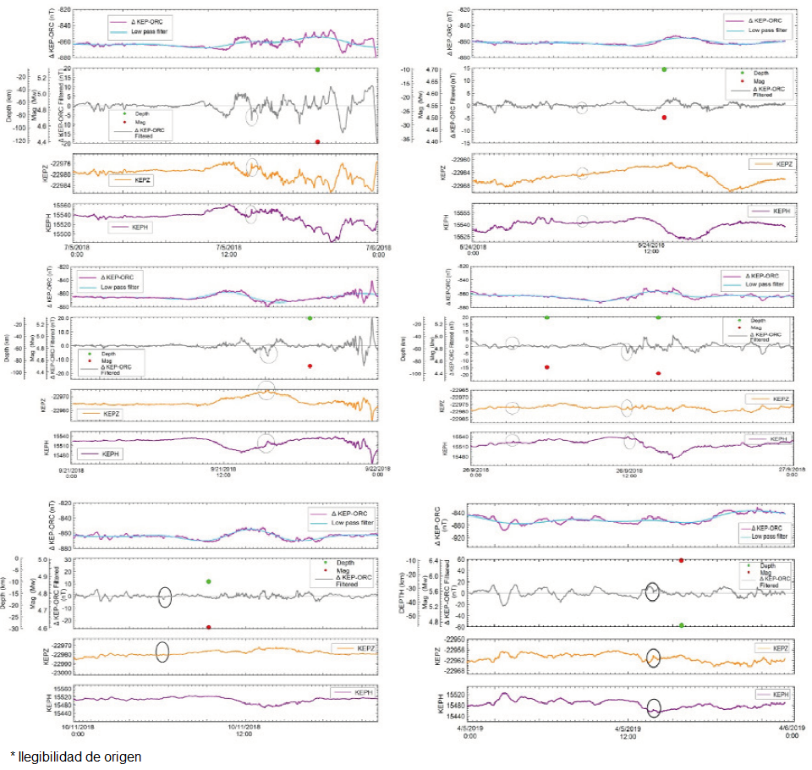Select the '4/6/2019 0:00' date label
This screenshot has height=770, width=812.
click(791, 732)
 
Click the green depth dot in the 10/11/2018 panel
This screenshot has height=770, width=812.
click(208, 581)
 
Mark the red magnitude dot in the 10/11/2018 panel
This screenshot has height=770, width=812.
click(208, 627)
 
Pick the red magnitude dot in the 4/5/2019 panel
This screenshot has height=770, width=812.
click(681, 560)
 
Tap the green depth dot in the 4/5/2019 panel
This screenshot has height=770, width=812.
click(681, 624)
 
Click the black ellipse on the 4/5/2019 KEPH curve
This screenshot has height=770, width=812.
click(653, 708)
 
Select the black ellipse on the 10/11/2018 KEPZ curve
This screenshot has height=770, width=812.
click(162, 652)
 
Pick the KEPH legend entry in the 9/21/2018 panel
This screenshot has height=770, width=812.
click(111, 454)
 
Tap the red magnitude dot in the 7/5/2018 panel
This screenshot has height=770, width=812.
click(317, 142)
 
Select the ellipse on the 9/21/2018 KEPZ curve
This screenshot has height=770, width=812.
click(266, 390)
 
